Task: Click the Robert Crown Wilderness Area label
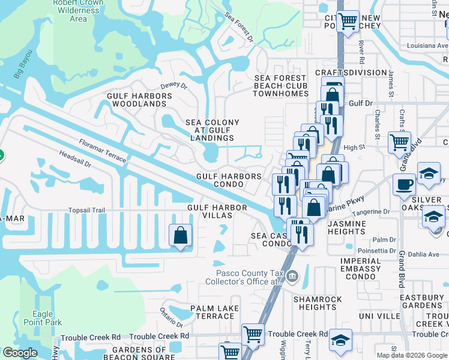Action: pyautogui.click(x=78, y=10)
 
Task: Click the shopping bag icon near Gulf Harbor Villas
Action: pyautogui.click(x=180, y=236)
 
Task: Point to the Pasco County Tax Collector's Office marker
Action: pyautogui.click(x=292, y=277)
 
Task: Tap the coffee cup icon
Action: pyautogui.click(x=404, y=184)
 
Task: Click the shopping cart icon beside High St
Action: pyautogui.click(x=399, y=143)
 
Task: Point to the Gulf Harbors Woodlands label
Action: pyautogui.click(x=139, y=100)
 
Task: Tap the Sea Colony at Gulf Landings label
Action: pyautogui.click(x=212, y=130)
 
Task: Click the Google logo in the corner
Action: pyautogui.click(x=20, y=353)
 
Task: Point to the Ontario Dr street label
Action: pyautogui.click(x=170, y=313)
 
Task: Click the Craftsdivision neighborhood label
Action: pyautogui.click(x=351, y=73)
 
